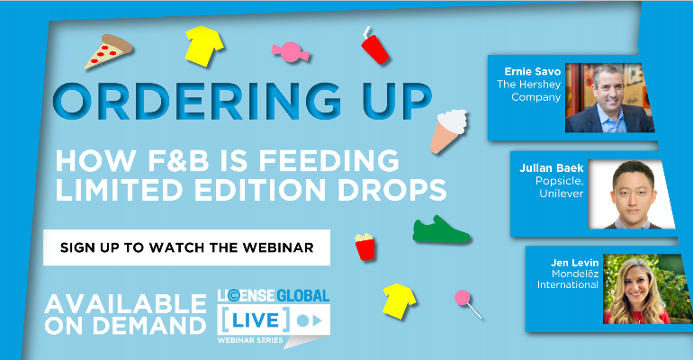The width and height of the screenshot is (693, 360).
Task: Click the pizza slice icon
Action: (107, 51)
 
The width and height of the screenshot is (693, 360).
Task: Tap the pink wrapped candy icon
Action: (291, 52)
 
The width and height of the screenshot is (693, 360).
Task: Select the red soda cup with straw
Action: (374, 47)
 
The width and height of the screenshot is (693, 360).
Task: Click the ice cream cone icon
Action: (448, 131)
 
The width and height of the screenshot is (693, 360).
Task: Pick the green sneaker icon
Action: (441, 229)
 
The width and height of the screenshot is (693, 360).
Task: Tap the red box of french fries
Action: (364, 247)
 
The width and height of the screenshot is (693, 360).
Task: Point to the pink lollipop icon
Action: (468, 303)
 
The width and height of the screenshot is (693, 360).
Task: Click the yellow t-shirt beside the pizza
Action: (203, 46)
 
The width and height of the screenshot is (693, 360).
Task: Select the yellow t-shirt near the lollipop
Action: (399, 301)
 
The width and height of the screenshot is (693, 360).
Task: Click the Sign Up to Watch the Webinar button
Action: (186, 247)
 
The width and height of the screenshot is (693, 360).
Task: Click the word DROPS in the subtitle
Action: (392, 190)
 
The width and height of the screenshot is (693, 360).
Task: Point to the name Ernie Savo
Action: (532, 72)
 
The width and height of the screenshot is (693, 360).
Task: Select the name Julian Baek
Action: (551, 168)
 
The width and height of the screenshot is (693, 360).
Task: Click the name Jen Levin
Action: (574, 263)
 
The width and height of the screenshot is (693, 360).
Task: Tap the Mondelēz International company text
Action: (568, 280)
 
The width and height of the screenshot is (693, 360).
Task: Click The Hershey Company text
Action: (528, 91)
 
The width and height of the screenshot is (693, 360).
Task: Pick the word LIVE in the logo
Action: (256, 320)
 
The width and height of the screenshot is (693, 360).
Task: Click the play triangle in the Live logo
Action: (317, 320)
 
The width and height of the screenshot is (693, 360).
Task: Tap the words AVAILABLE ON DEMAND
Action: (125, 315)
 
